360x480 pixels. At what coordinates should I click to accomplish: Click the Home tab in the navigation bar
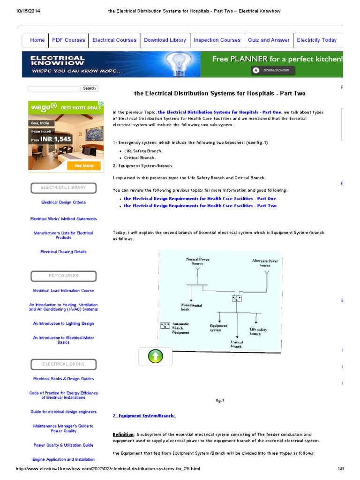[x=37, y=40]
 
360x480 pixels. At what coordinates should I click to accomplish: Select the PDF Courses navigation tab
[x=68, y=40]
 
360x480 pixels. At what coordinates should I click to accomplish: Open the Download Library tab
[x=165, y=40]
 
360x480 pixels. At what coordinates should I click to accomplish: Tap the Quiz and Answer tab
[x=269, y=40]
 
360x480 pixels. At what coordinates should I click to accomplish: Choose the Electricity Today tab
[x=316, y=40]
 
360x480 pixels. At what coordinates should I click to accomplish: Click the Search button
[x=89, y=88]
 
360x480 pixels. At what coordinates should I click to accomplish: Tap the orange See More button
[x=84, y=165]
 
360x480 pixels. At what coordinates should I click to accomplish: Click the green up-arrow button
[x=155, y=357]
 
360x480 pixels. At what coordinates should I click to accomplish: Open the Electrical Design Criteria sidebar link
[x=63, y=202]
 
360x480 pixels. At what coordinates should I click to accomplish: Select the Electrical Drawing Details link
[x=63, y=252]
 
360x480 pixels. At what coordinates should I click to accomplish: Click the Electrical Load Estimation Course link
[x=63, y=291]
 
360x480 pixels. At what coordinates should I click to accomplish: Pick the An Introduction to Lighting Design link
[x=63, y=323]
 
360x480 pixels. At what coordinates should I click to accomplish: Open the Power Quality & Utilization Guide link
[x=63, y=445]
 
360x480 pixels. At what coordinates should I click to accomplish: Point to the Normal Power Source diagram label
[x=197, y=261]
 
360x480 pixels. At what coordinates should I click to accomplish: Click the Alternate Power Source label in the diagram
[x=265, y=263]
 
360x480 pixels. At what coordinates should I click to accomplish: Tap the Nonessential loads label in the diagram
[x=191, y=307]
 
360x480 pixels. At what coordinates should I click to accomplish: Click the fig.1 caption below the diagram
[x=220, y=400]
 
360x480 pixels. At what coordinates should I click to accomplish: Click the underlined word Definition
[x=123, y=435]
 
